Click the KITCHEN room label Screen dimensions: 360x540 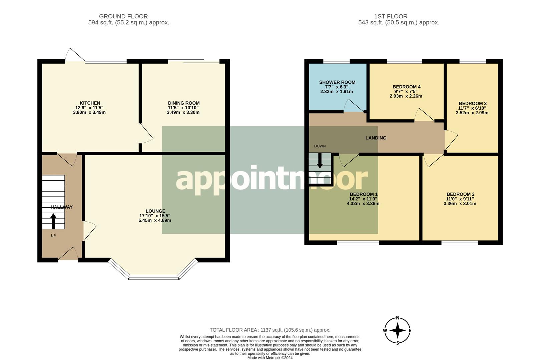click(x=90, y=103)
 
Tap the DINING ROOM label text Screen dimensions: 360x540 click(x=183, y=103)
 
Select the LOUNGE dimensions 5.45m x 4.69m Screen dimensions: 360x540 click(x=155, y=220)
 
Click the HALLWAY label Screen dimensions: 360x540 click(x=61, y=207)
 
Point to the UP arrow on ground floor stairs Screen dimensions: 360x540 click(x=53, y=221)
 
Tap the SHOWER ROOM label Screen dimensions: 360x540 click(x=337, y=82)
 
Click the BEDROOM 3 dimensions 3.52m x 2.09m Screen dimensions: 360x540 click(x=472, y=113)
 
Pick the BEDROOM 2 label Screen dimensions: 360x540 click(x=460, y=194)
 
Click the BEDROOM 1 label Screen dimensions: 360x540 click(x=364, y=194)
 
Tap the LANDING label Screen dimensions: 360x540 click(x=376, y=138)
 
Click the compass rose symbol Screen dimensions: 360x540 click(x=397, y=331)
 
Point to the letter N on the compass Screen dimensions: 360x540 click(x=397, y=318)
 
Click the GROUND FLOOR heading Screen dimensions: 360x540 click(x=123, y=16)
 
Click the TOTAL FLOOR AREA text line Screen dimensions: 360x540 click(x=269, y=330)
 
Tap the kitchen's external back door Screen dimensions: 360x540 click(x=74, y=55)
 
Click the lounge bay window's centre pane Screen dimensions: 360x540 click(x=154, y=277)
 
